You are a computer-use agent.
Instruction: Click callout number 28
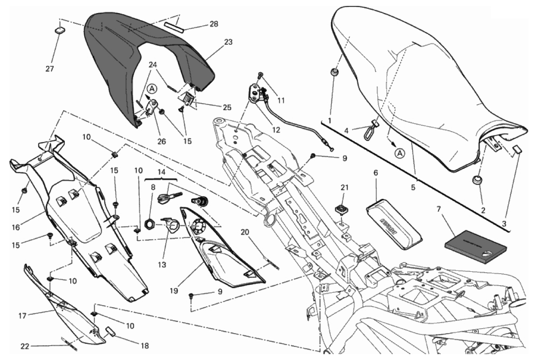[x=214, y=24]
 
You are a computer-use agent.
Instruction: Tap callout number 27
[x=50, y=69]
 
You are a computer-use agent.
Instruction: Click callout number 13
[x=162, y=265]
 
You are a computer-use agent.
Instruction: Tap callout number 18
[x=145, y=346]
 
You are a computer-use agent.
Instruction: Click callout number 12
[x=276, y=130]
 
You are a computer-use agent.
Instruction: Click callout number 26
[x=162, y=141]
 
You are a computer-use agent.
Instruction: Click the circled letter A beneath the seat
[x=400, y=154]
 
